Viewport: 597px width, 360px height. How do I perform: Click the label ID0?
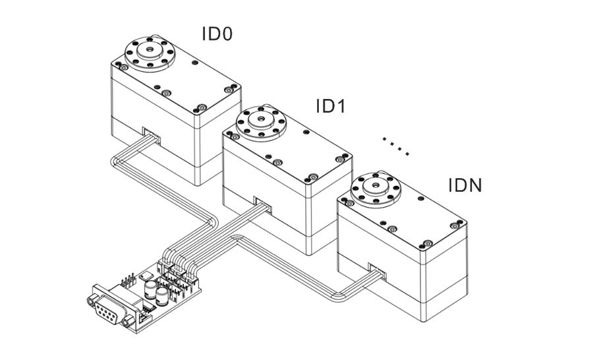coord(217,34)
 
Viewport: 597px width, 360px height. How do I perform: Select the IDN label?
coord(465,185)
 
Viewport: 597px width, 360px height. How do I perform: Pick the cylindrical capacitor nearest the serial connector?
coord(150,291)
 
